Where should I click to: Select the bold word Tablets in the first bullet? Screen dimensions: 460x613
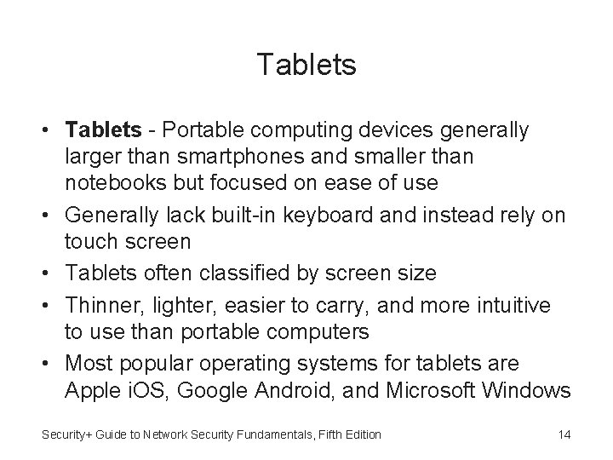point(103,130)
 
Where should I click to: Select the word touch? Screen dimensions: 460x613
point(89,241)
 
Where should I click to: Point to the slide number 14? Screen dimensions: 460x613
point(564,435)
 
